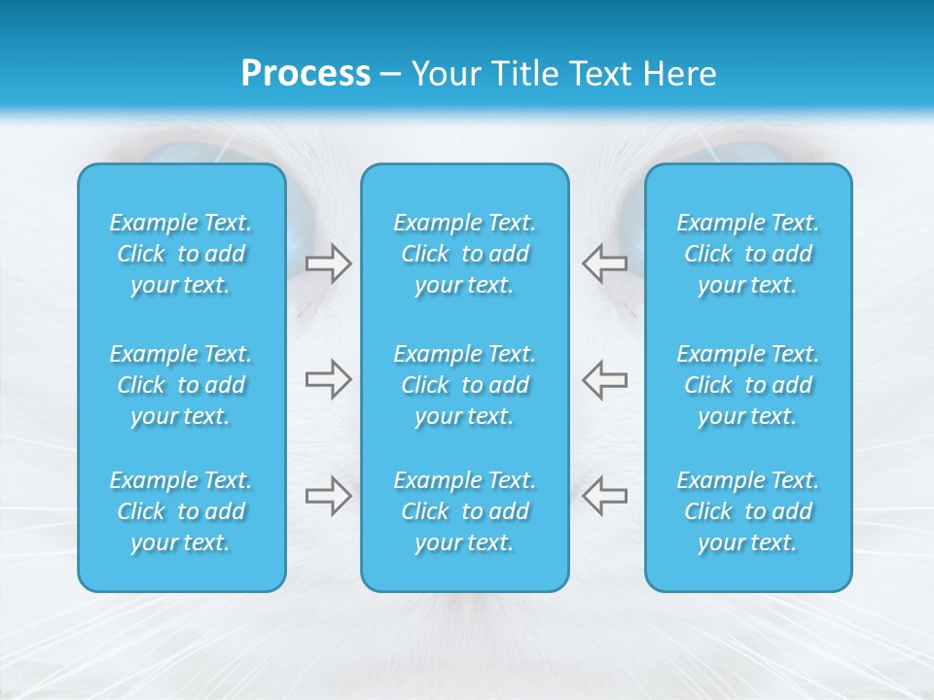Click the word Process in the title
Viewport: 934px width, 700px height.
point(305,74)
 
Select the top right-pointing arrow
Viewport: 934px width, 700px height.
point(328,263)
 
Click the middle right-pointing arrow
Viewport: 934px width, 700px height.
point(328,379)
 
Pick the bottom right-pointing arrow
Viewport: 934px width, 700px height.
point(328,495)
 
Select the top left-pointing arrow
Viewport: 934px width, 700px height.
point(604,263)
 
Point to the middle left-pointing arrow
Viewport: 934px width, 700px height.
point(604,379)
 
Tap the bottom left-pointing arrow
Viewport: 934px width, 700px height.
point(604,495)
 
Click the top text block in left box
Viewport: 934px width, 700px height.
point(181,254)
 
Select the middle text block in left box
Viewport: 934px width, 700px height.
point(181,385)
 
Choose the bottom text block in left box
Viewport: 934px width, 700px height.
point(181,511)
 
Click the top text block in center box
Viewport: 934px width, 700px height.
point(465,254)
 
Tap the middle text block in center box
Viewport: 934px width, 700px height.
point(465,385)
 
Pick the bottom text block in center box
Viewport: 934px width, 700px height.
point(465,511)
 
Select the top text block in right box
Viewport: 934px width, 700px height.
point(748,254)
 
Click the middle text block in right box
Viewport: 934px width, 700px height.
point(748,385)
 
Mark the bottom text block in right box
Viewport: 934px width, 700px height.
point(748,511)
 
